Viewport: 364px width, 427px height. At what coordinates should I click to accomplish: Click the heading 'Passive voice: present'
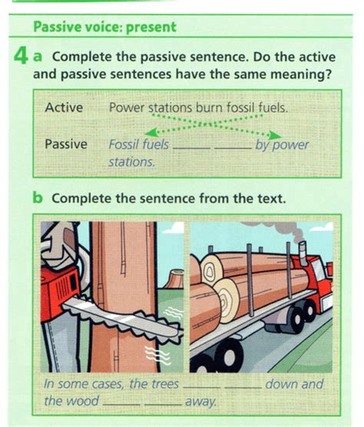[104, 27]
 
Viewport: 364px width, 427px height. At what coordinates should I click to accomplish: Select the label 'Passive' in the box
[66, 144]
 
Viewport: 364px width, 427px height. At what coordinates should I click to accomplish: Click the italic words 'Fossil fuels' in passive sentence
[138, 144]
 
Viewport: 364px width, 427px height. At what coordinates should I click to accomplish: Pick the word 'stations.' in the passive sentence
[131, 162]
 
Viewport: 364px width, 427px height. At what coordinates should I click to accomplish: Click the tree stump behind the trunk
[174, 278]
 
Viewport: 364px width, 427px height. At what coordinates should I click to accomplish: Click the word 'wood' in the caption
[82, 401]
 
